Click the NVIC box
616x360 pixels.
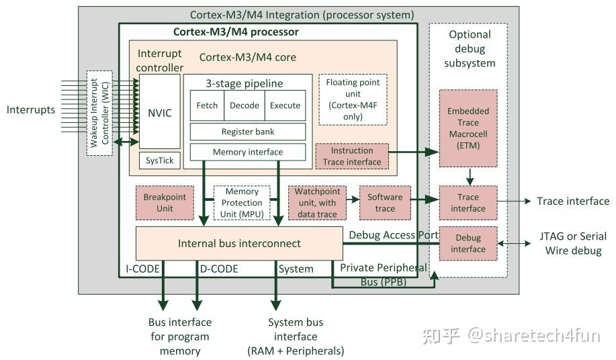click(159, 111)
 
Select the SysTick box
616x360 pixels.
click(159, 161)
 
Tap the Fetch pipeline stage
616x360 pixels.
click(207, 105)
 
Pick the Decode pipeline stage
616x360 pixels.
click(245, 105)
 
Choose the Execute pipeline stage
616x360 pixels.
click(285, 105)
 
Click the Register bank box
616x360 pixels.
click(247, 132)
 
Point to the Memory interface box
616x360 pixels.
click(247, 152)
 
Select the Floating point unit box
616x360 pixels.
click(353, 99)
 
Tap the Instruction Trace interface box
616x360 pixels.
click(352, 156)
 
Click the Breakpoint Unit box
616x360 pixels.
click(165, 202)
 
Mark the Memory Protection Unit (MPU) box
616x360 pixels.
click(242, 203)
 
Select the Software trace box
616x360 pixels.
click(385, 202)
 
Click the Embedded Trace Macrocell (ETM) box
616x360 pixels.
click(468, 128)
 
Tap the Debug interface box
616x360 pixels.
click(468, 243)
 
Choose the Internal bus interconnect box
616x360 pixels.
click(239, 243)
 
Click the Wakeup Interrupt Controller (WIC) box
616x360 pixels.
click(99, 112)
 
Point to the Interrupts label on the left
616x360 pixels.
click(31, 109)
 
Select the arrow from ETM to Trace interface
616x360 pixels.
click(470, 177)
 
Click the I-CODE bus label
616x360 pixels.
click(142, 269)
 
